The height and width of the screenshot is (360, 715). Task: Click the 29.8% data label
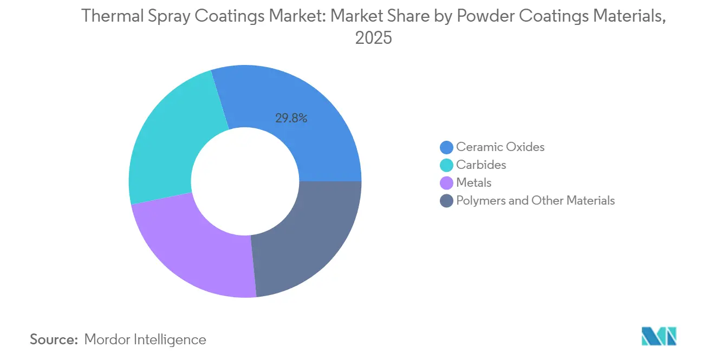[x=291, y=118]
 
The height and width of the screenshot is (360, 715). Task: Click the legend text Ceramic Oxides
[x=500, y=147]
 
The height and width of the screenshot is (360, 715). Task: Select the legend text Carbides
[x=481, y=165]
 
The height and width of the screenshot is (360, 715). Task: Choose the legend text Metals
[x=473, y=182]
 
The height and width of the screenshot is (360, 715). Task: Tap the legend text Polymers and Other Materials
[x=535, y=200]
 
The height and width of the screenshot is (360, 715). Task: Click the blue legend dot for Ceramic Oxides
[x=447, y=147]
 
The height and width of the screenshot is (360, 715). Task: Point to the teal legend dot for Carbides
[x=447, y=165]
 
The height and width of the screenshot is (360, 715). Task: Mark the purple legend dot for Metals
[x=447, y=183]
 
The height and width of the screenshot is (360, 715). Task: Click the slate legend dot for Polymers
[x=447, y=201]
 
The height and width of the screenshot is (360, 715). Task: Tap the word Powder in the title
[x=485, y=16]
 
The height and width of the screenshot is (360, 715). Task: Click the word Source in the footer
[x=54, y=339]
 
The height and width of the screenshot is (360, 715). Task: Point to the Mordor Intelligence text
[x=145, y=339]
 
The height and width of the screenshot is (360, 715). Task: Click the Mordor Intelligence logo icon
[x=659, y=336]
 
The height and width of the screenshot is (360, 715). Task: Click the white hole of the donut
[x=245, y=181]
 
